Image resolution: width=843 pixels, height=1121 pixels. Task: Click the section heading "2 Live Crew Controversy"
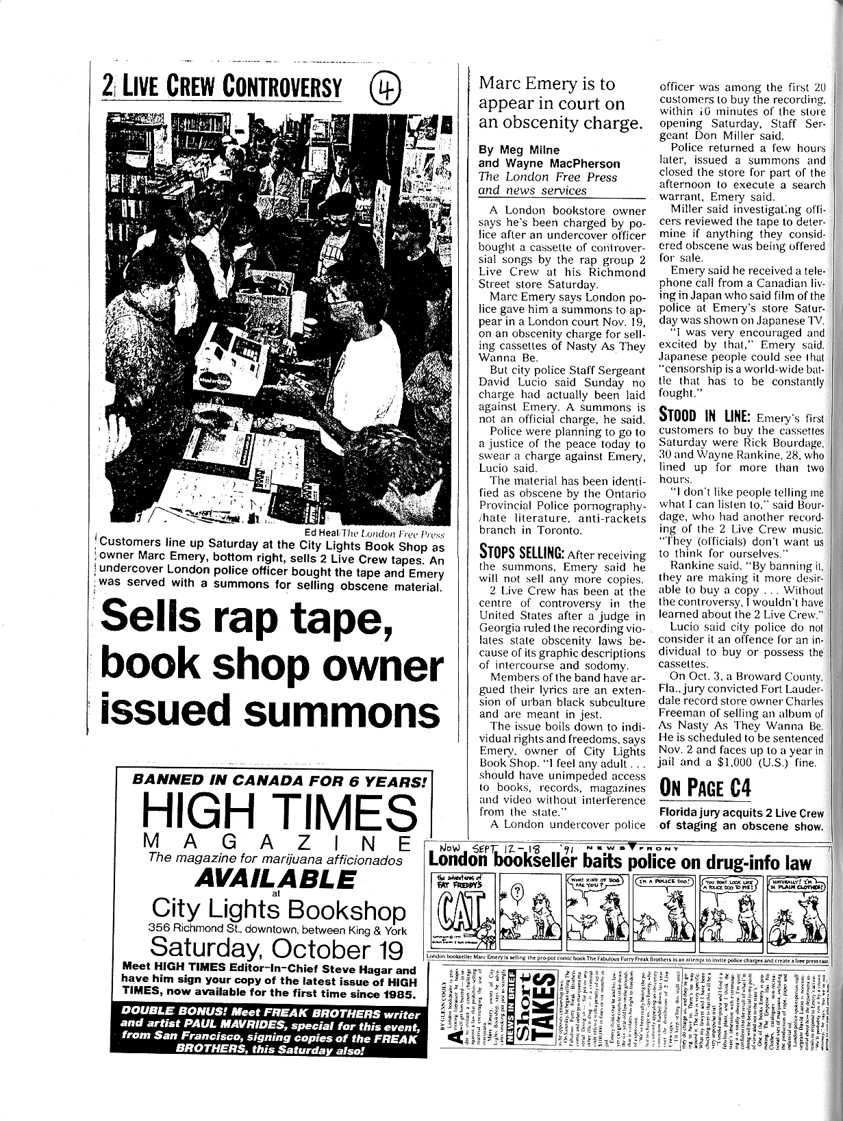[221, 87]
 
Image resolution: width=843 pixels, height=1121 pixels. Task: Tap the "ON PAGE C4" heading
[705, 788]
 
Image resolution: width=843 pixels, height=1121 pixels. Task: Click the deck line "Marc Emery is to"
[546, 84]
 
